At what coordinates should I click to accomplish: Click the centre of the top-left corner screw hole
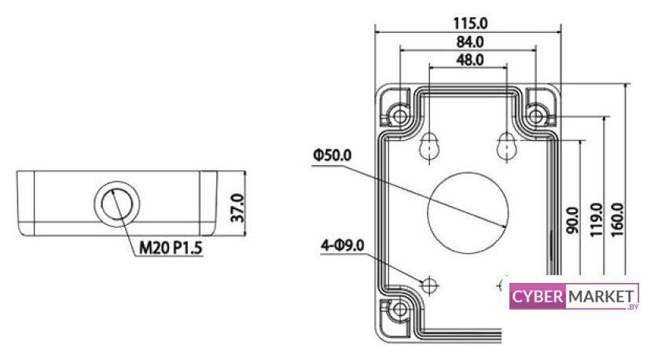click(x=400, y=116)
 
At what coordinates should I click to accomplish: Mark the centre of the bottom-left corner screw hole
click(x=400, y=309)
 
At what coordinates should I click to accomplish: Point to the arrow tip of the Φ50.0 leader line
click(x=507, y=226)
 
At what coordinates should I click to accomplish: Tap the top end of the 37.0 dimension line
click(x=245, y=171)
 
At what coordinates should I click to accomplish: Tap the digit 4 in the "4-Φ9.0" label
click(x=325, y=246)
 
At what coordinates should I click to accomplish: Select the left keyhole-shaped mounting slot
click(x=429, y=146)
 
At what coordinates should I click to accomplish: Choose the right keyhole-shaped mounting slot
click(x=507, y=146)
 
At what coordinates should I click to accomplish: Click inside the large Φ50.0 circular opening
click(x=468, y=213)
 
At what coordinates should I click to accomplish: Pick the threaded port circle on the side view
click(x=117, y=204)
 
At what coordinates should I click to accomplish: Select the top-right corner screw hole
click(x=536, y=116)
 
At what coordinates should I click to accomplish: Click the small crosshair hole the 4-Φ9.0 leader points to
click(x=429, y=285)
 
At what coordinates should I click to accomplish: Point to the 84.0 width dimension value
click(x=470, y=42)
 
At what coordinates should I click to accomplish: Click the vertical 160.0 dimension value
click(x=617, y=219)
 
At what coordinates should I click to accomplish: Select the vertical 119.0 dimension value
click(x=596, y=220)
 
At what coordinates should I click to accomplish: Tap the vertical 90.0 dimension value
click(x=572, y=221)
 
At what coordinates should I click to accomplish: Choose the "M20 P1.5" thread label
click(x=171, y=248)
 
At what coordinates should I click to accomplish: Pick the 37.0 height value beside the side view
click(x=237, y=208)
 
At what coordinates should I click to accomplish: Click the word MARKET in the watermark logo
click(x=601, y=296)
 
